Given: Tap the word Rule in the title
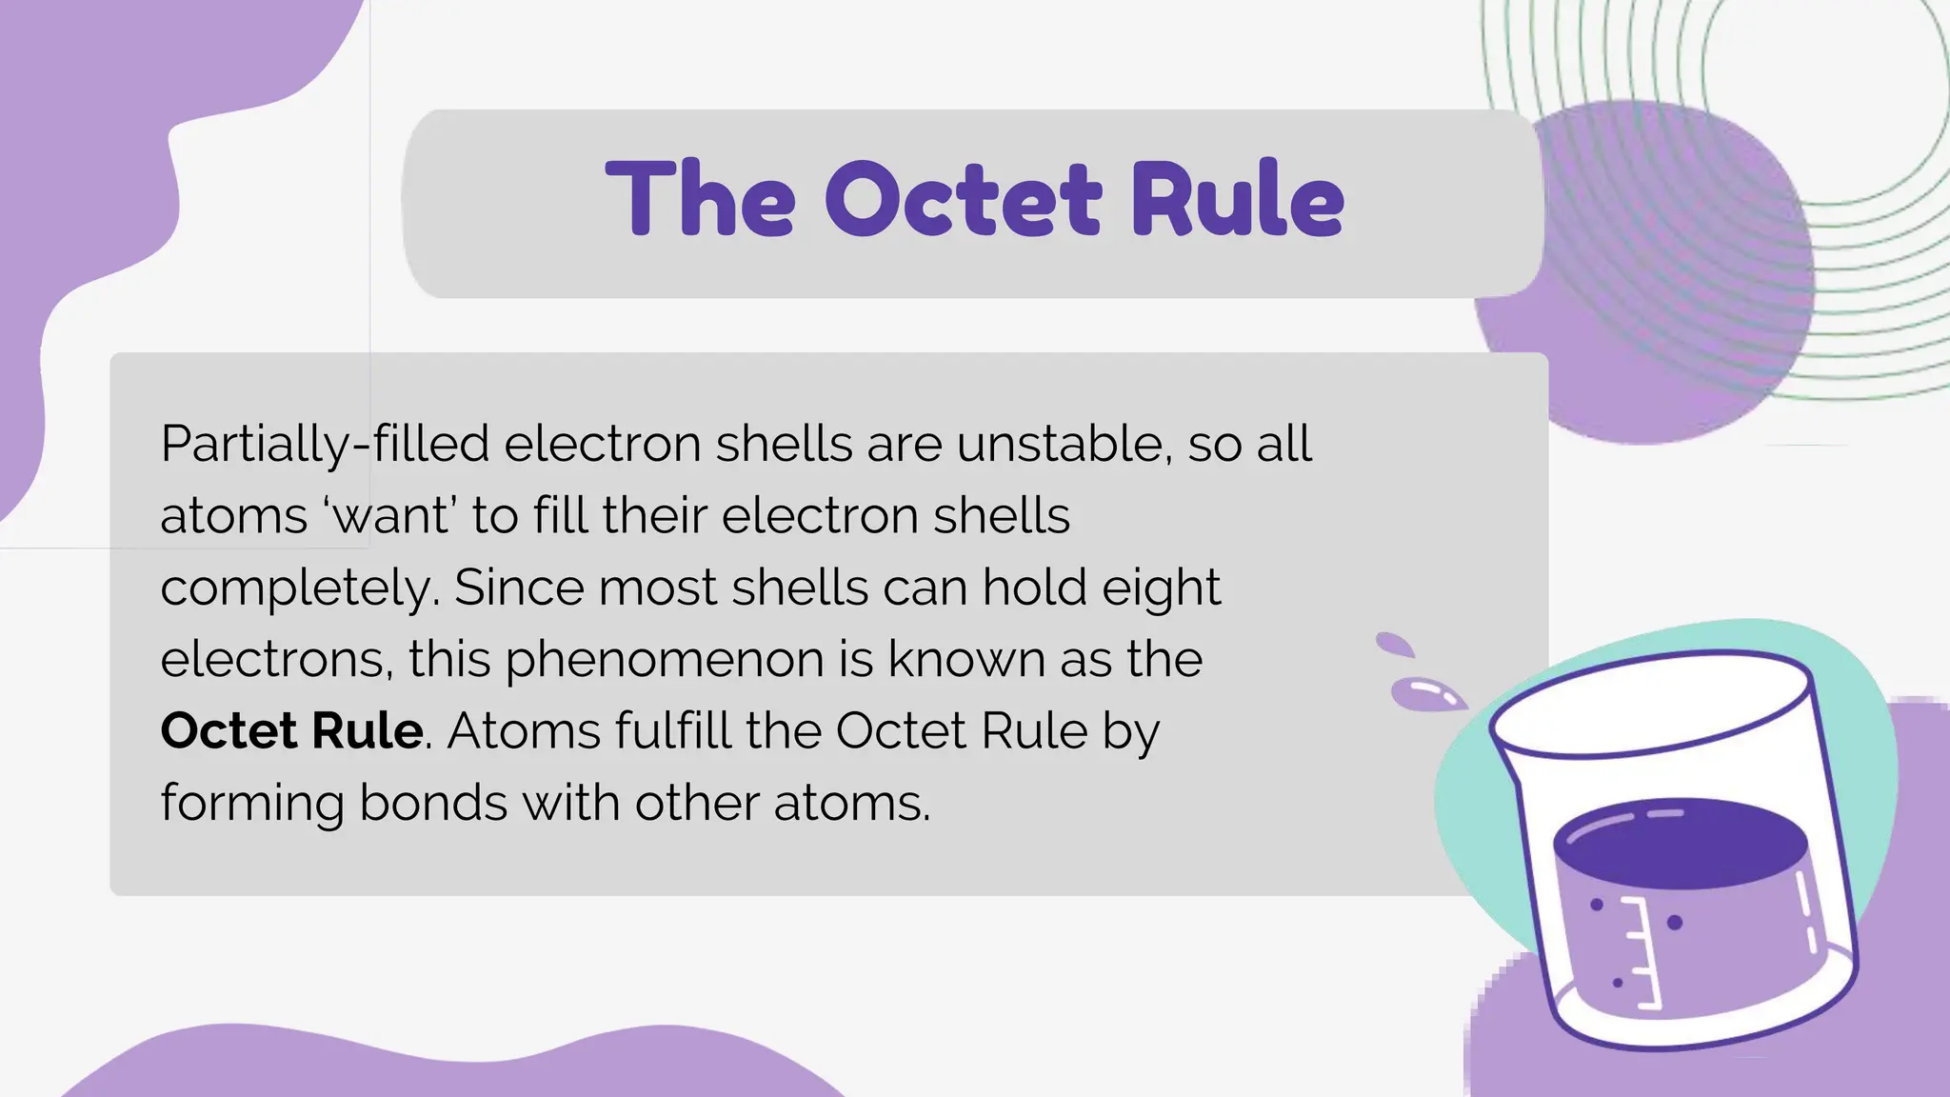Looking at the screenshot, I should click(1238, 199).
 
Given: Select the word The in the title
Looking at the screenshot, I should click(700, 199).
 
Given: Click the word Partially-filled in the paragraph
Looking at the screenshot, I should click(325, 445).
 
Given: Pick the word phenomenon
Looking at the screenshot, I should click(664, 660).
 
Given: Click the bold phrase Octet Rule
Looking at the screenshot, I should click(291, 731).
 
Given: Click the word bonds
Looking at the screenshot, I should click(433, 803).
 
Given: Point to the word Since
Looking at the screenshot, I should click(519, 588).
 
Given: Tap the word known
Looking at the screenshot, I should click(966, 659).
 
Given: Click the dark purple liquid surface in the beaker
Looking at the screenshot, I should click(1681, 843).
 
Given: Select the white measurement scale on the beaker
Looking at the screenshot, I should click(1642, 952).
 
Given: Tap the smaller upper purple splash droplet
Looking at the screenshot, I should click(1395, 645).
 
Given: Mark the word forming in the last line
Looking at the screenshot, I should click(251, 804).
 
